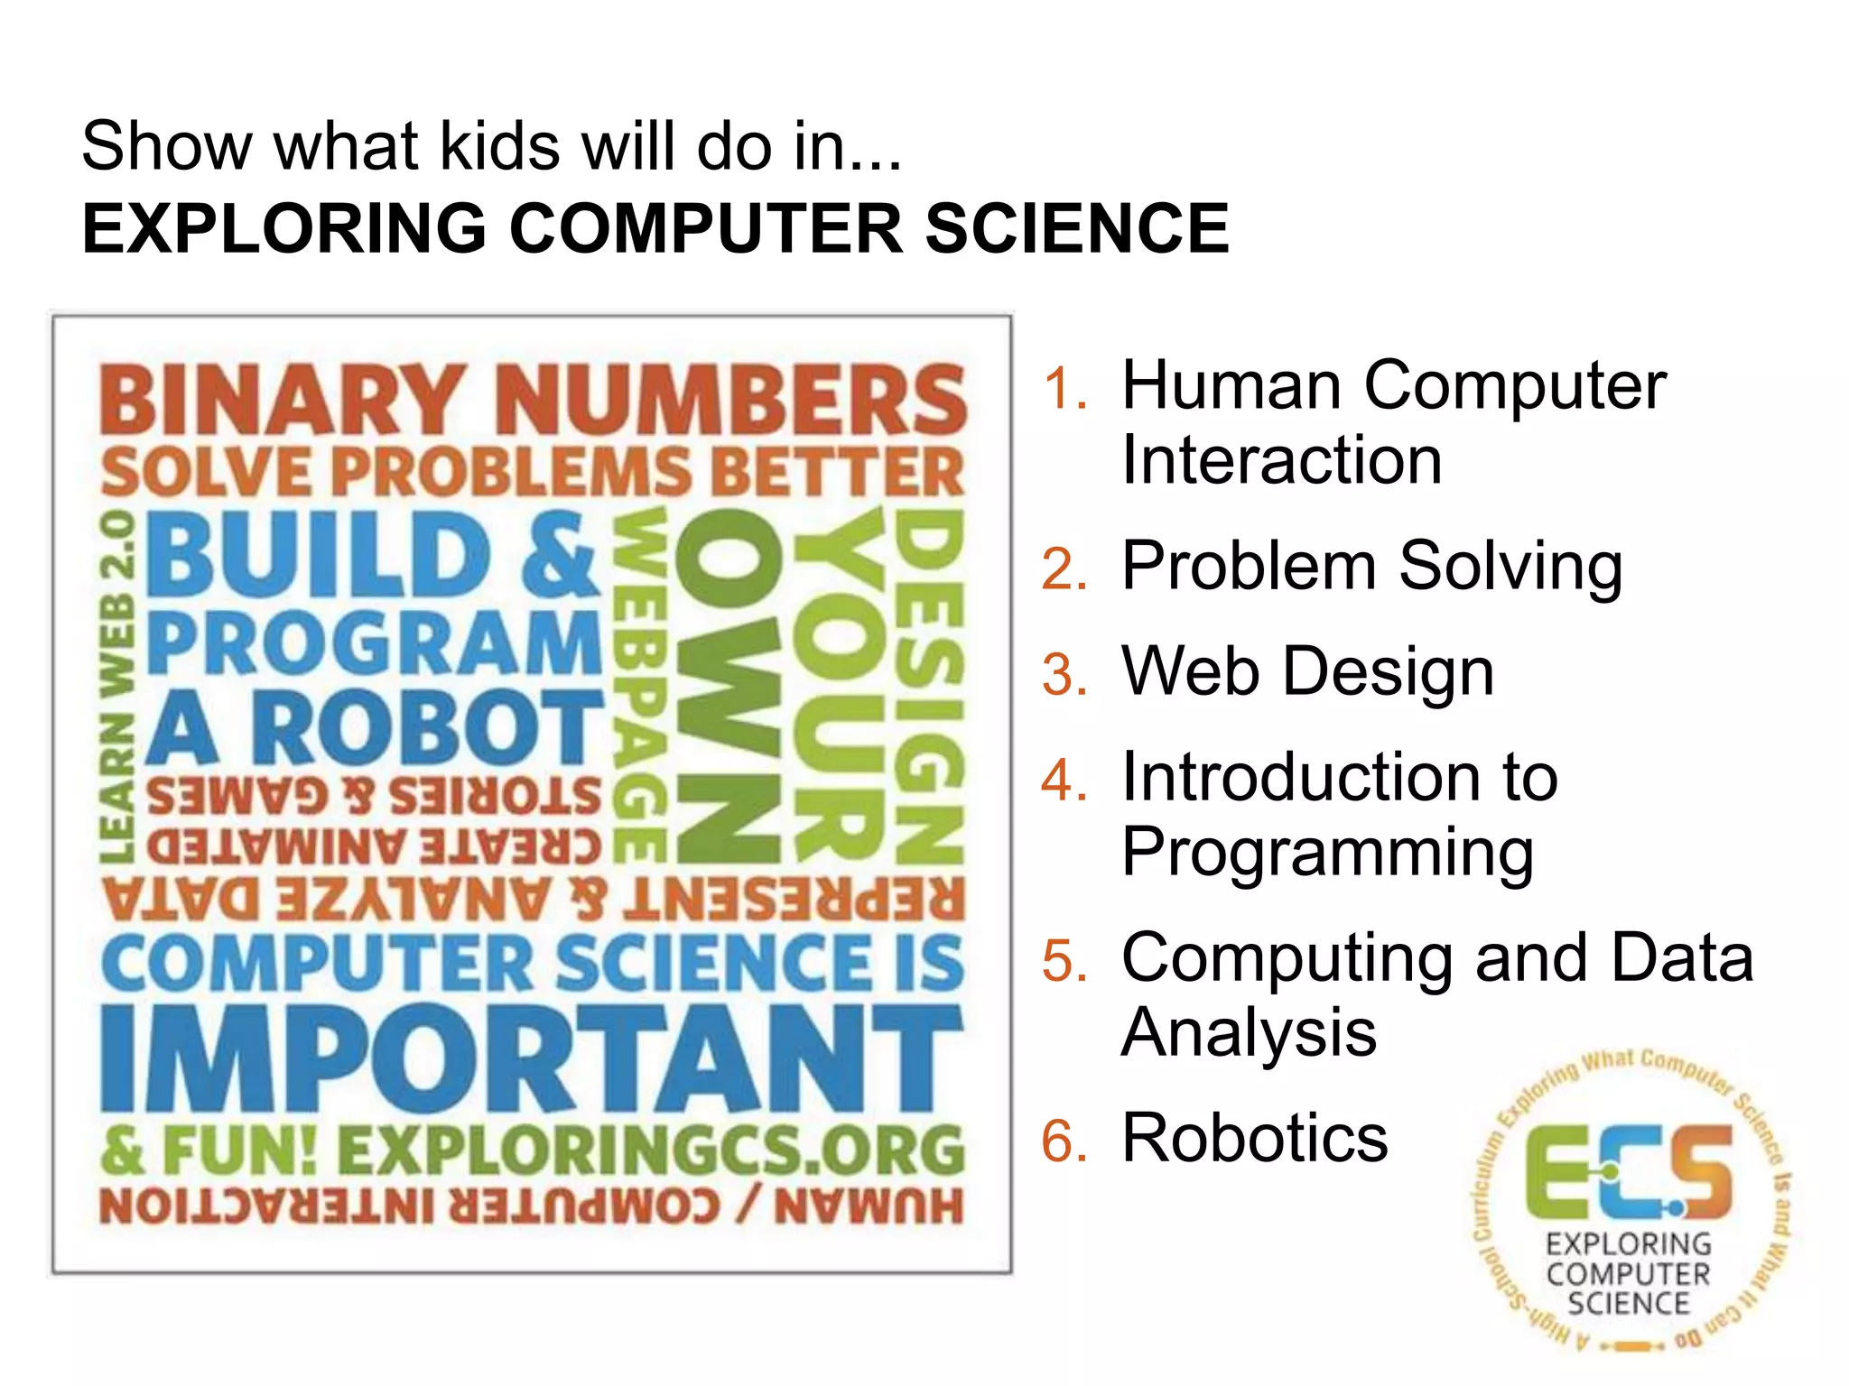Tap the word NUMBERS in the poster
(x=731, y=400)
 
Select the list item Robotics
(x=1254, y=1138)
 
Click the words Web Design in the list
(x=1307, y=672)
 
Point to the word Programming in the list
(x=1327, y=853)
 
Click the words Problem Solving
(x=1371, y=567)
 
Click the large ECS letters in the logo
(x=1628, y=1171)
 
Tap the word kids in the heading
(x=499, y=145)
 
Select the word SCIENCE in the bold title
(x=1076, y=228)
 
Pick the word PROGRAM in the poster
(x=375, y=643)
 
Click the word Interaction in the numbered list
(x=1281, y=460)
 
